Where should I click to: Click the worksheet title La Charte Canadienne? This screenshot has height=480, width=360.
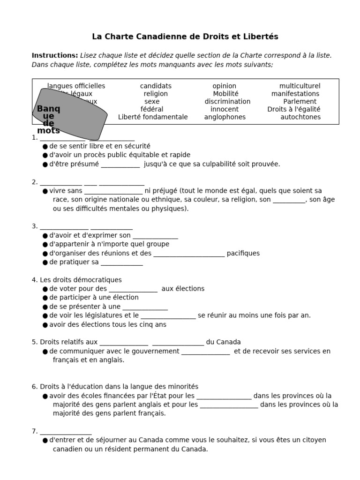click(x=185, y=37)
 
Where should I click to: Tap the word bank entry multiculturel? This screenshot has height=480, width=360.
click(x=300, y=86)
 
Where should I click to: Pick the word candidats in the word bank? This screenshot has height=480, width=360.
click(x=156, y=86)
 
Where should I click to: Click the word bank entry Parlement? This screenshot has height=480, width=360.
click(x=300, y=102)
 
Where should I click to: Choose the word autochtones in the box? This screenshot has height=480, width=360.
click(x=300, y=117)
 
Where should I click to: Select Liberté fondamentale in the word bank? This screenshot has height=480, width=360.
click(x=153, y=117)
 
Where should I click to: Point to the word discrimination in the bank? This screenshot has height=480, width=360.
click(x=227, y=102)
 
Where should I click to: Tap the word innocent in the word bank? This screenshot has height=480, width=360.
click(x=225, y=109)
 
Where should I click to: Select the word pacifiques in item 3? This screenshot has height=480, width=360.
click(x=243, y=254)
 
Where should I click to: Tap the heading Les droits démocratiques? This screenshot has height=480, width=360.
click(x=76, y=280)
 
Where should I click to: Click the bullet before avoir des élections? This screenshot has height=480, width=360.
click(x=45, y=325)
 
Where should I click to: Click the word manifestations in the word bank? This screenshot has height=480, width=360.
click(x=295, y=94)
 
